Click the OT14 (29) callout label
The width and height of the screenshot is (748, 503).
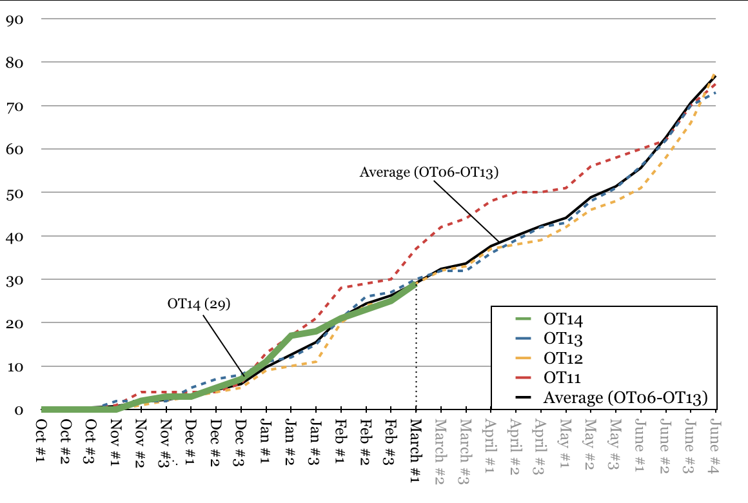[x=199, y=304]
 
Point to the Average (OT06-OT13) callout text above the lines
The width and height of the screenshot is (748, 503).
[x=429, y=172]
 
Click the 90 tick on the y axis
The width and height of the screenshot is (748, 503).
[x=15, y=19]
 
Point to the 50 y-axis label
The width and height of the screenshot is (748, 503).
[x=15, y=193]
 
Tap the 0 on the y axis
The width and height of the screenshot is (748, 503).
[x=19, y=409]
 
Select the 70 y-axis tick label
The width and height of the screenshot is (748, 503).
[x=15, y=106]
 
